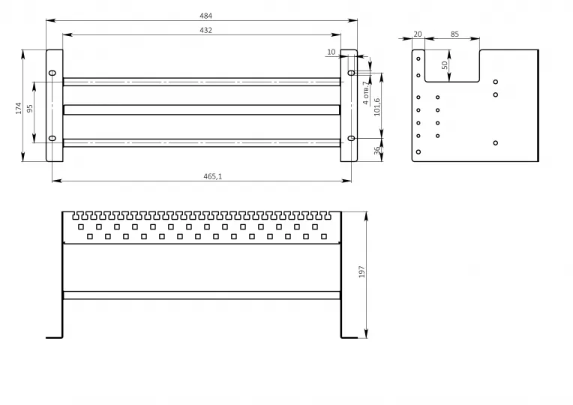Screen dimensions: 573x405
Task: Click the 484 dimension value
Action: click(205, 16)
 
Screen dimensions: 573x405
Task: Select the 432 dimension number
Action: click(205, 30)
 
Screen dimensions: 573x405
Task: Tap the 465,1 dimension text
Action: click(213, 176)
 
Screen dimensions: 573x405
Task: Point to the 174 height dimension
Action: click(19, 108)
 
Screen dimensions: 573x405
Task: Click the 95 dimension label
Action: click(30, 109)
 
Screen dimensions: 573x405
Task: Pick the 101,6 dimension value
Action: click(376, 107)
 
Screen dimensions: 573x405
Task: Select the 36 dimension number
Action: click(376, 151)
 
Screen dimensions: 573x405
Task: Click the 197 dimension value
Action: click(361, 272)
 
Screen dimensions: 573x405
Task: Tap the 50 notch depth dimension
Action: click(444, 65)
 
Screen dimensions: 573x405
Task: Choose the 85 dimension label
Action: click(454, 34)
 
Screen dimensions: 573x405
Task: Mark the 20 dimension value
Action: click(418, 34)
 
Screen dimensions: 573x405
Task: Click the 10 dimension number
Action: click(331, 52)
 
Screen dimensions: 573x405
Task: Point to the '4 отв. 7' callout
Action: click(366, 93)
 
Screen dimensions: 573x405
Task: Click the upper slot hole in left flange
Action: click(52, 73)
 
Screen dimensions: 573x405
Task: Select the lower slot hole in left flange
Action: click(52, 138)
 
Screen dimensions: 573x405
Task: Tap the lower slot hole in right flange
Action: click(351, 138)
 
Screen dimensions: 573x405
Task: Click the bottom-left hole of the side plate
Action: click(418, 151)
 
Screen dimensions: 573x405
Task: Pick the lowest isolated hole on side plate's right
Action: click(496, 143)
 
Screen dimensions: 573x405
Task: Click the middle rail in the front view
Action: click(202, 109)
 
